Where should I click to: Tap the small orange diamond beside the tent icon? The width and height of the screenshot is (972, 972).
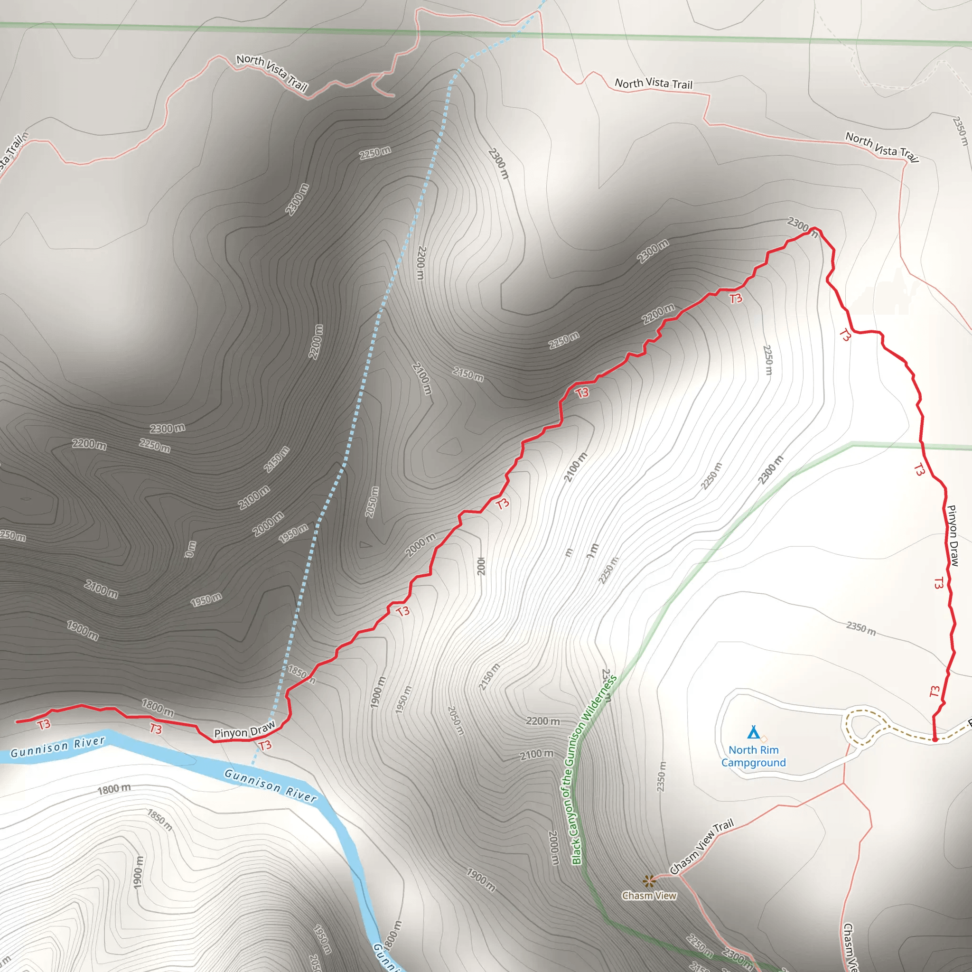pos(764,738)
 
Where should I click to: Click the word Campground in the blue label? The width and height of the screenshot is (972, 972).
pos(753,763)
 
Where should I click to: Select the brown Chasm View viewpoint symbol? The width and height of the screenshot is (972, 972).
pos(649,880)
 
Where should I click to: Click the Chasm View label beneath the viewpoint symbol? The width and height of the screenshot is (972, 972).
pos(649,896)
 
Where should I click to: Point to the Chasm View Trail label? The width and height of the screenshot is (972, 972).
pos(701,847)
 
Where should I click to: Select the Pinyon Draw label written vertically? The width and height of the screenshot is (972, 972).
pos(953,536)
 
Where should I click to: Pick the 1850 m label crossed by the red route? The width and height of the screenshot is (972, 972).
pos(301,673)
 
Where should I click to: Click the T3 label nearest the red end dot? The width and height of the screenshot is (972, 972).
pos(934,692)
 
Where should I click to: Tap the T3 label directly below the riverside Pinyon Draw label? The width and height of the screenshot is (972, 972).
pos(265,745)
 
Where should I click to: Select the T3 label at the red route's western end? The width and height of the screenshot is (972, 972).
pos(44,724)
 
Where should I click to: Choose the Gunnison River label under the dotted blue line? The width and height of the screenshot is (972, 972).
pos(270,786)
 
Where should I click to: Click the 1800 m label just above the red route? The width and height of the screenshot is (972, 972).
pos(158,707)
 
